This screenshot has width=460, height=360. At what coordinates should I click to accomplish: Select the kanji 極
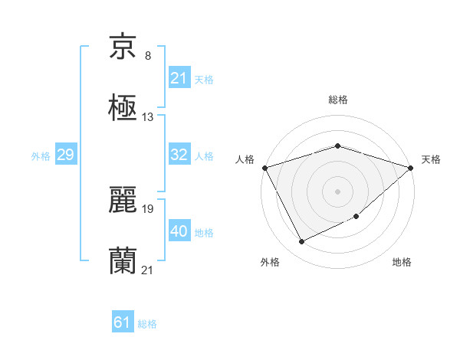123,108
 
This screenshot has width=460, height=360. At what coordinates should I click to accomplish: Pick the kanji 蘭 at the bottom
123,261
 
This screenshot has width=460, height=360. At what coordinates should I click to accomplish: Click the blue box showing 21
179,78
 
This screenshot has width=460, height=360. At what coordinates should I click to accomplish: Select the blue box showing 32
179,155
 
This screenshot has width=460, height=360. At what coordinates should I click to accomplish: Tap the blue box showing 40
179,231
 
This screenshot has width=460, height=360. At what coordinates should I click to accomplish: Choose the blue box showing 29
65,155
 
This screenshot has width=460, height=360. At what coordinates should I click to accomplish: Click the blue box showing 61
122,322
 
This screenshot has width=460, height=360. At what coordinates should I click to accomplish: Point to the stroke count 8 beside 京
148,56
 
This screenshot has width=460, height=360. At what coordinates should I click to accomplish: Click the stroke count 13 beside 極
148,117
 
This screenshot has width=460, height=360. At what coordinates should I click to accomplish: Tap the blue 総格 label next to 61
147,324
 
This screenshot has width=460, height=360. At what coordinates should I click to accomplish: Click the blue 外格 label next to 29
41,155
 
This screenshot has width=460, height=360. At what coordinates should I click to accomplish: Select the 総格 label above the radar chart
337,100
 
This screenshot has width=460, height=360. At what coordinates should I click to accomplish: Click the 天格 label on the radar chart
432,159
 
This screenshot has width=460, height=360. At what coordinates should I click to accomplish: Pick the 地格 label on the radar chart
402,262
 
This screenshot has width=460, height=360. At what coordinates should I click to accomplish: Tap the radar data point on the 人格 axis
264,167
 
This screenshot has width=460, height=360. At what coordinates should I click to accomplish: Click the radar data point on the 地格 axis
356,217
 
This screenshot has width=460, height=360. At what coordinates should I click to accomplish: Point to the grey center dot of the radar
337,191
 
